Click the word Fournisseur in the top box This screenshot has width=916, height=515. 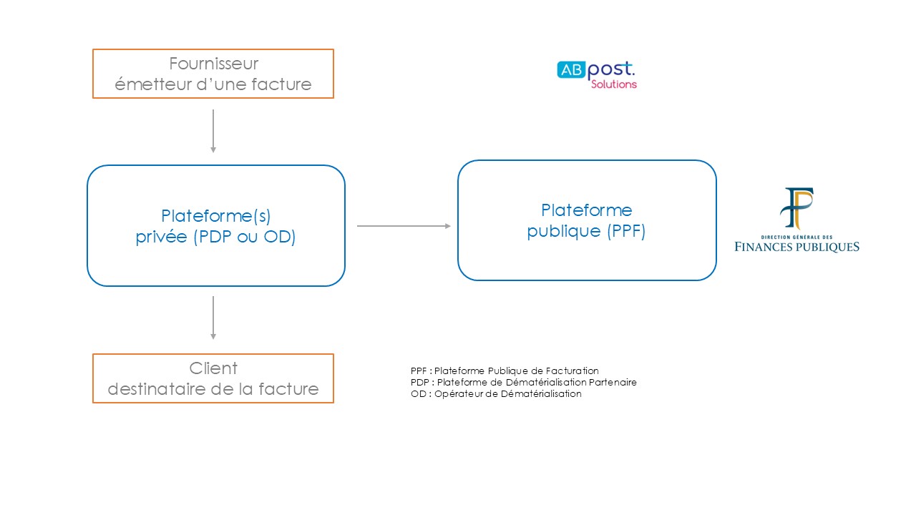point(213,64)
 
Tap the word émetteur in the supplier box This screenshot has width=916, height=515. point(153,84)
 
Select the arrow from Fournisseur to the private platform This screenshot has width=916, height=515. point(213,131)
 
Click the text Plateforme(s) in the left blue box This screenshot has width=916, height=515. point(216,216)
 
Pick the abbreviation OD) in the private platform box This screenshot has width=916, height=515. point(279,237)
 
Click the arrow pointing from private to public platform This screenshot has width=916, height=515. point(404,225)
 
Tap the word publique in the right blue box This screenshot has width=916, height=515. point(564,231)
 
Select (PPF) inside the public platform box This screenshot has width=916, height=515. point(626,231)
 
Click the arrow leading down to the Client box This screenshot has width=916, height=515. point(213,318)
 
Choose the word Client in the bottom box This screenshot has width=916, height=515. point(213,368)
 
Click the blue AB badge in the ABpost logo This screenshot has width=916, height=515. point(571,70)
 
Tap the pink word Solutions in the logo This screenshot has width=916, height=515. point(614,84)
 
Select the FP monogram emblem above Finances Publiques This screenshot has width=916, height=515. point(796,208)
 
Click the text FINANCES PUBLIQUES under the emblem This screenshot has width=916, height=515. point(796,247)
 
